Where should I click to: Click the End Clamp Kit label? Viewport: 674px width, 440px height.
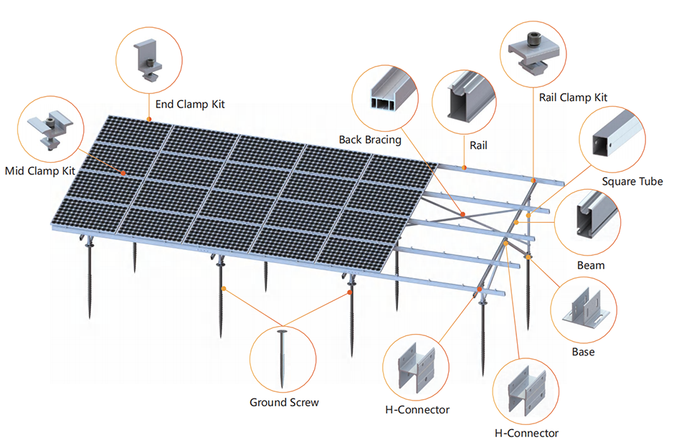tap(190, 104)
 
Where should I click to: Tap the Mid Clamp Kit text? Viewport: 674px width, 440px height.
tap(40, 171)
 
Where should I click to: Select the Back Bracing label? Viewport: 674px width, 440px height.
tap(370, 140)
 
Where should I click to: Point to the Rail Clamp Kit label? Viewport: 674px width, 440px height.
tap(573, 97)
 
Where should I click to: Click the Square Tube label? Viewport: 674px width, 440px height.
tap(632, 181)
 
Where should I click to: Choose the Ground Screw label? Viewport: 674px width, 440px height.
tap(284, 403)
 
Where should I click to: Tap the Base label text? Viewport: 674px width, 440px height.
tap(584, 352)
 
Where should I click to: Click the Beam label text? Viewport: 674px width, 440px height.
tap(591, 266)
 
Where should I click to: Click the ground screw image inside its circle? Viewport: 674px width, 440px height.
tap(283, 359)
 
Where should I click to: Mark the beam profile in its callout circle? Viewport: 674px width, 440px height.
tap(596, 215)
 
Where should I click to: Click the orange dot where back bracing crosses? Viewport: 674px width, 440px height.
tap(462, 214)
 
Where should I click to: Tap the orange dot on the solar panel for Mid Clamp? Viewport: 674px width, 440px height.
tap(123, 173)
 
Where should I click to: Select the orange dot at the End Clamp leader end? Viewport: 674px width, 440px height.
tap(149, 119)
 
